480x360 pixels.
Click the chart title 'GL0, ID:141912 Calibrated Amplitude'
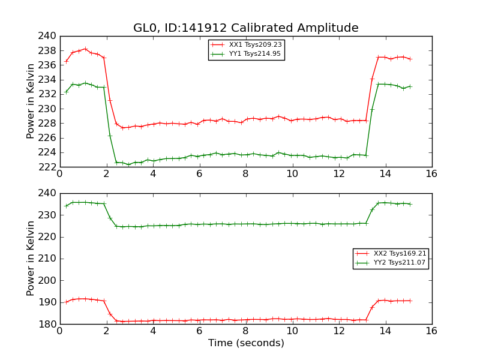[x=245, y=28]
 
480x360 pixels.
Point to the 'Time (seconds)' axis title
[x=246, y=343]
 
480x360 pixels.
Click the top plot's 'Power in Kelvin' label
[x=31, y=101]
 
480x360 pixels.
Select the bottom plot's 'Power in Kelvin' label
[x=31, y=259]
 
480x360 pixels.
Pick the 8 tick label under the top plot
[x=245, y=174]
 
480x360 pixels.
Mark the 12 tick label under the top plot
[x=339, y=174]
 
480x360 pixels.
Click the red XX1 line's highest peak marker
[x=85, y=49]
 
